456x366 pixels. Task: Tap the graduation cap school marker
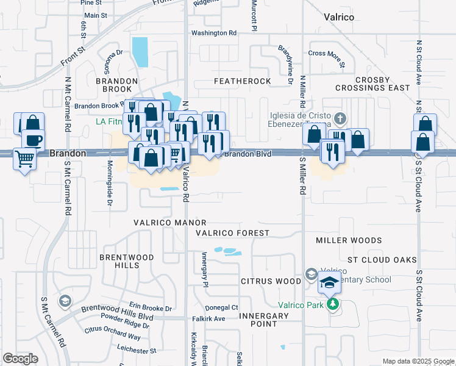click(330, 283)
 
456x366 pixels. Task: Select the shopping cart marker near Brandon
click(24, 159)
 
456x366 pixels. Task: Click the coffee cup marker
click(34, 140)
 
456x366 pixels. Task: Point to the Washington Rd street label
click(213, 33)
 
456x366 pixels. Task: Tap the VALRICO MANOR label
click(170, 223)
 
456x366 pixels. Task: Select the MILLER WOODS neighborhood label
click(349, 241)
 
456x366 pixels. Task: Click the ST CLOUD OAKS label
click(377, 260)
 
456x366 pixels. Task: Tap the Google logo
click(21, 359)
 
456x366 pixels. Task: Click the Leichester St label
click(132, 351)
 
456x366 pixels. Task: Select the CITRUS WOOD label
click(271, 281)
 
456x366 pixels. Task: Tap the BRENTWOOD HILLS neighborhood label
click(119, 261)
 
